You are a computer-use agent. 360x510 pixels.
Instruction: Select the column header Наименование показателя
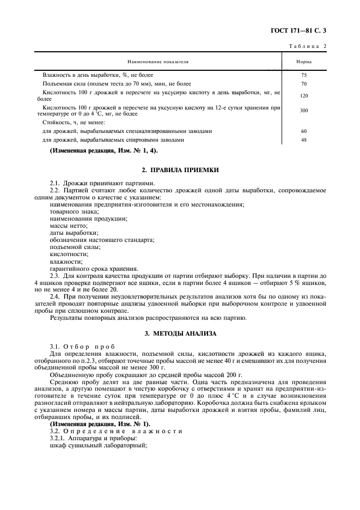(158, 62)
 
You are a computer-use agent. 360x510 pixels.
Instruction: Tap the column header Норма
(304, 62)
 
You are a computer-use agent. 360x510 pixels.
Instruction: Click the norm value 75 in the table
(304, 75)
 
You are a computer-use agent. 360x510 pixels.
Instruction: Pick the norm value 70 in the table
(304, 84)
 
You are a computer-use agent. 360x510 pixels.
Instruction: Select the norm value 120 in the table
(304, 95)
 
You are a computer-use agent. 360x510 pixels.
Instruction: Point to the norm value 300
(304, 111)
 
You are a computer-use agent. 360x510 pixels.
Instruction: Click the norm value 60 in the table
(304, 131)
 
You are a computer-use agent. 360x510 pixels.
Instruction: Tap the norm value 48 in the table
(304, 140)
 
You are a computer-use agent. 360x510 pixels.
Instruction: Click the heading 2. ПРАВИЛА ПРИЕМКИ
(180, 171)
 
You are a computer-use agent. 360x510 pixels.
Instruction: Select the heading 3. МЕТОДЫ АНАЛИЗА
(180, 333)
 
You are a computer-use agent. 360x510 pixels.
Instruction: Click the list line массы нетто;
(68, 226)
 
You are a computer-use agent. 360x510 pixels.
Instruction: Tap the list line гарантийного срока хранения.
(94, 268)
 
